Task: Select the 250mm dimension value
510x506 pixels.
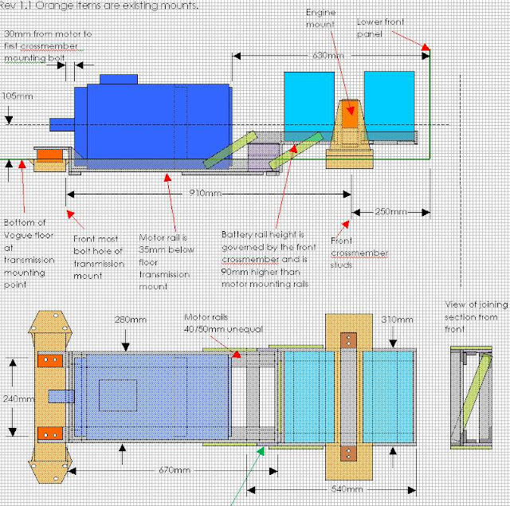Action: click(x=390, y=212)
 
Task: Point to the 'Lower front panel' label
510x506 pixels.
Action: click(x=379, y=29)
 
